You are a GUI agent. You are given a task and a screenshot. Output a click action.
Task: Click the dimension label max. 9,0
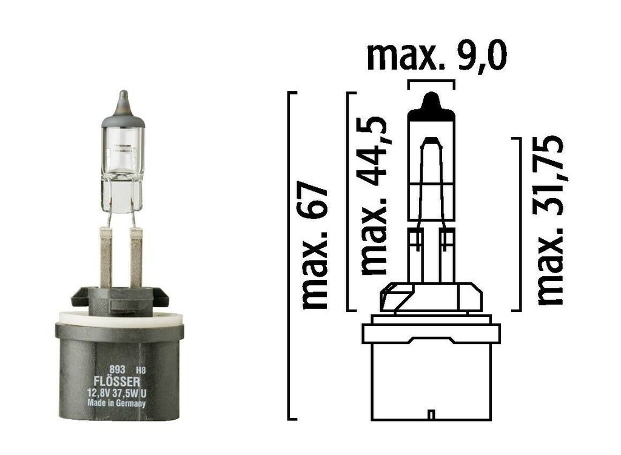tap(437, 56)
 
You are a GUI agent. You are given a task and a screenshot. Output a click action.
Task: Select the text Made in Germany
tap(116, 402)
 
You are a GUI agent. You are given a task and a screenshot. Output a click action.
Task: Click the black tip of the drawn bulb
tap(431, 107)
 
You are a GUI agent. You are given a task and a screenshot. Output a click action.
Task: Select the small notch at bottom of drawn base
tap(431, 415)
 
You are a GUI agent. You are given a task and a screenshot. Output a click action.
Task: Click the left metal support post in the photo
tap(106, 258)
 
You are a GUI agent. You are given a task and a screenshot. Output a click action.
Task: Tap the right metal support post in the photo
tap(136, 258)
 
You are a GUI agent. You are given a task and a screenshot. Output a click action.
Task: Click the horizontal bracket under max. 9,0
tap(431, 81)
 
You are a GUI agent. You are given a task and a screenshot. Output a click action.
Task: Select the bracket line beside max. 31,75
tap(520, 224)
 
